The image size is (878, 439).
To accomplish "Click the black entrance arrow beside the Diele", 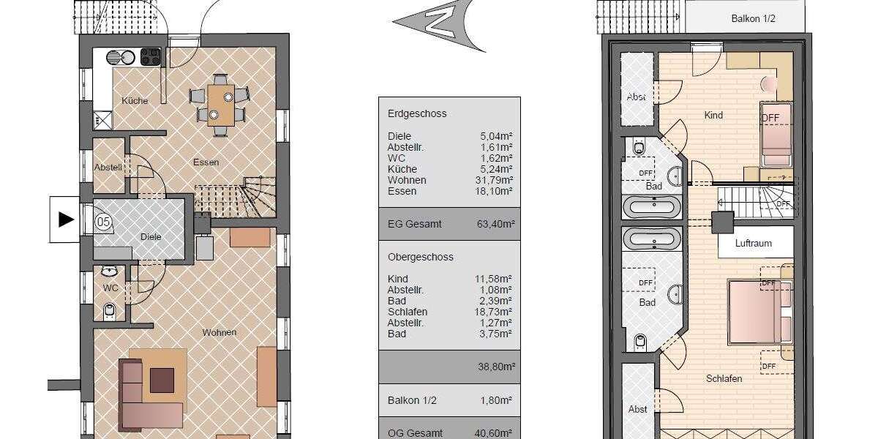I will coord(67,219).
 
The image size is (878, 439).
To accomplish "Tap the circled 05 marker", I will coord(103,222).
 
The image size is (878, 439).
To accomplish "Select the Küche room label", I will coord(135,101).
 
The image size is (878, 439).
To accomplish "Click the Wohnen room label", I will coord(219,332).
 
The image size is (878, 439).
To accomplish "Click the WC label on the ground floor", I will coord(110,288).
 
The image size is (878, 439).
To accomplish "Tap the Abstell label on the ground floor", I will coord(108,167).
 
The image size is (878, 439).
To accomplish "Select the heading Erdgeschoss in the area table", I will coord(417,113).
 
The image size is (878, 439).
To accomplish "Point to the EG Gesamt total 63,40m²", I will coord(493,224).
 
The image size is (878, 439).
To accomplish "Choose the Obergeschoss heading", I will coord(420,257).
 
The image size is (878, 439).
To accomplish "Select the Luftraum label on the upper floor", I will coord(754,244).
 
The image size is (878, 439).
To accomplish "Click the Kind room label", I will coord(713,115).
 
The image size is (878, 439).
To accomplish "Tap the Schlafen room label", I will coord(724,378).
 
